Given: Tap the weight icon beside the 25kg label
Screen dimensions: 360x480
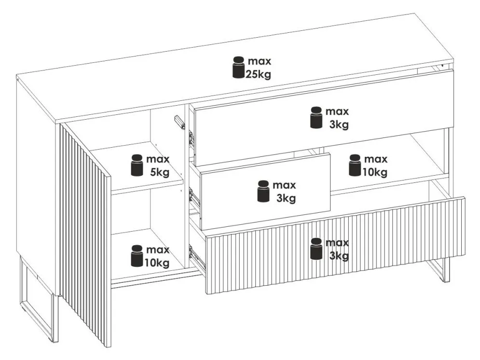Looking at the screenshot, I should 238,67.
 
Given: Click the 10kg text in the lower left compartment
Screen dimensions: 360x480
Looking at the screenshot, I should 156,263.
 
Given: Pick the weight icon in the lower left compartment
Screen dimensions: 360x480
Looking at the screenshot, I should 137,256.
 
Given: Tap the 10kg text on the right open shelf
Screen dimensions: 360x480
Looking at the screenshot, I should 375,172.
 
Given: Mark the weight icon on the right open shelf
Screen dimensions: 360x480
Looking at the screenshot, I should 355,166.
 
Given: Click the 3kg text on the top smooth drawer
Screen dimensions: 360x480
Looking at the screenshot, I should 339,125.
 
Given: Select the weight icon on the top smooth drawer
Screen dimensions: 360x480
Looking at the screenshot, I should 316,118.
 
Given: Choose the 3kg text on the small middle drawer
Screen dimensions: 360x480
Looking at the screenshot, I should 286,198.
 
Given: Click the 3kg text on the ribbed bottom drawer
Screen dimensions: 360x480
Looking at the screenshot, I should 339,256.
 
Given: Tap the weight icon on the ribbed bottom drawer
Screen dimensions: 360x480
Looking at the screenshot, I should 316,249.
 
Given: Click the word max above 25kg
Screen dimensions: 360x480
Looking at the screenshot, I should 260,62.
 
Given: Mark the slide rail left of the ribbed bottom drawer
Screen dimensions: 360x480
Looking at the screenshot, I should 196,256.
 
